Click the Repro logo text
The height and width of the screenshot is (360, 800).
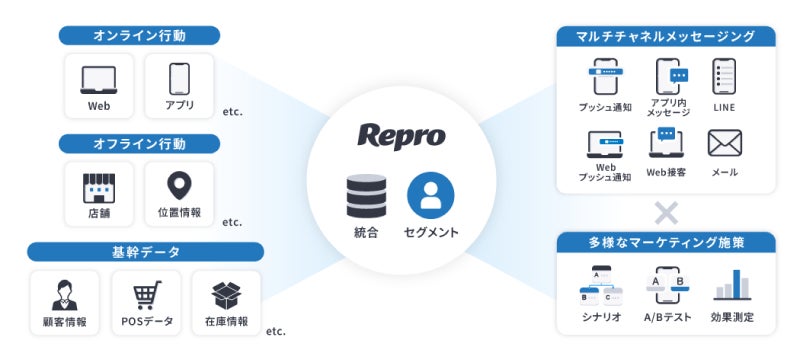(401, 136)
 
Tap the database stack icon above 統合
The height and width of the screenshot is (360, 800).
(365, 196)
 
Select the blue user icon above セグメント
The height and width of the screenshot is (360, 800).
(431, 196)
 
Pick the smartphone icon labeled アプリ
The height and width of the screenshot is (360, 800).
(180, 78)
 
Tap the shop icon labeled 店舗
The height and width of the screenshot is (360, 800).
(98, 186)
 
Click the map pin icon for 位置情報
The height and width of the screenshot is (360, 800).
(180, 186)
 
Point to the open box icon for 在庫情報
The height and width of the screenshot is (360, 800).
(226, 294)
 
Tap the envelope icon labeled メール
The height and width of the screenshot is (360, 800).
(724, 144)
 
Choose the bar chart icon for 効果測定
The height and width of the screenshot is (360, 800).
(732, 286)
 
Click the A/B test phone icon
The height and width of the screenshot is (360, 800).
(666, 286)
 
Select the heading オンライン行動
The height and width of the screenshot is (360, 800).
(140, 36)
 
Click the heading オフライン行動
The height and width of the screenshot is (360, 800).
(140, 144)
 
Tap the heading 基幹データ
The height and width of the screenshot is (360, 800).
(146, 251)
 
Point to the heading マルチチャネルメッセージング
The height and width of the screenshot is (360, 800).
(665, 37)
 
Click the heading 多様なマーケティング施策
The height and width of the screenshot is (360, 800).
(665, 242)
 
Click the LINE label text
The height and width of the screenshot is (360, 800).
(724, 107)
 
